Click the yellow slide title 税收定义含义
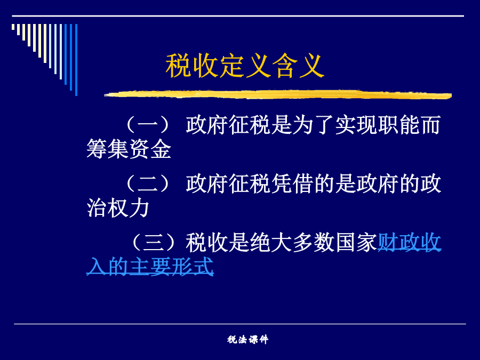point(245,66)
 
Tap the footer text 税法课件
point(247,339)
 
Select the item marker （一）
point(148,125)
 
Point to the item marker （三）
point(154,242)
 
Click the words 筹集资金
point(129,149)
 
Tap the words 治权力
point(118,208)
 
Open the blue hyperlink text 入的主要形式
point(150,266)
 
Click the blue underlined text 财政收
point(409,242)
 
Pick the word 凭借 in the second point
point(292,183)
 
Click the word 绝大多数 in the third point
point(292,242)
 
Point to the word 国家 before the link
point(356,242)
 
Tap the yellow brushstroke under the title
point(278,94)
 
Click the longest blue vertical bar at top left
point(76,60)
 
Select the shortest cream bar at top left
point(13,27)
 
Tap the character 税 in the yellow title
point(179,66)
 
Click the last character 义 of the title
point(311,66)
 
